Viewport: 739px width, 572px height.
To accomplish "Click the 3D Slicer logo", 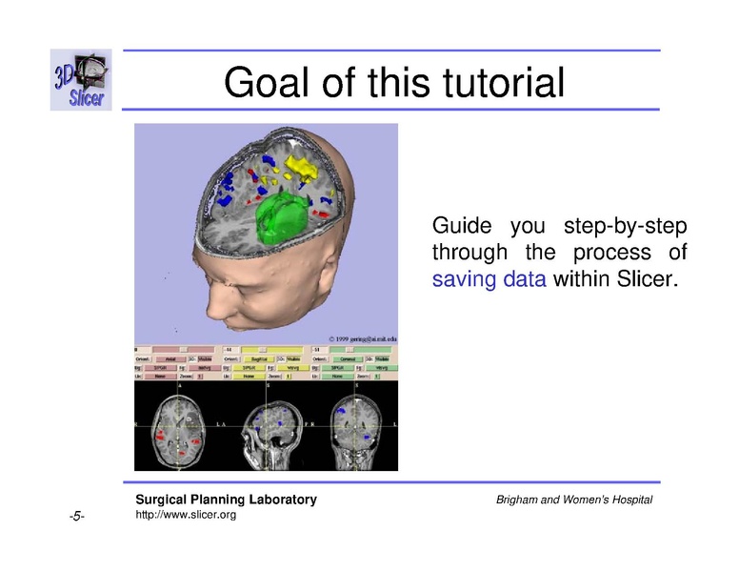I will [81, 80].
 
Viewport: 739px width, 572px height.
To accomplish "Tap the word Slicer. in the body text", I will [650, 280].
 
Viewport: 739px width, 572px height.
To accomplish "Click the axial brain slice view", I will [178, 424].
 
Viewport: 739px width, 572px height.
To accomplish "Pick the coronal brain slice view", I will [353, 424].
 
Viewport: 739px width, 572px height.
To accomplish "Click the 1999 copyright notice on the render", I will [362, 338].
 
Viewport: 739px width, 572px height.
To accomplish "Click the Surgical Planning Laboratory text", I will [226, 500].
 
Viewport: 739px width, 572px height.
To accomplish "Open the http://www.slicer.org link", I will [186, 515].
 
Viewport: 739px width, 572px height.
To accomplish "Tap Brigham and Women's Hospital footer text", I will [574, 500].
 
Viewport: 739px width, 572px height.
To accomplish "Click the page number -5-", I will [77, 517].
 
